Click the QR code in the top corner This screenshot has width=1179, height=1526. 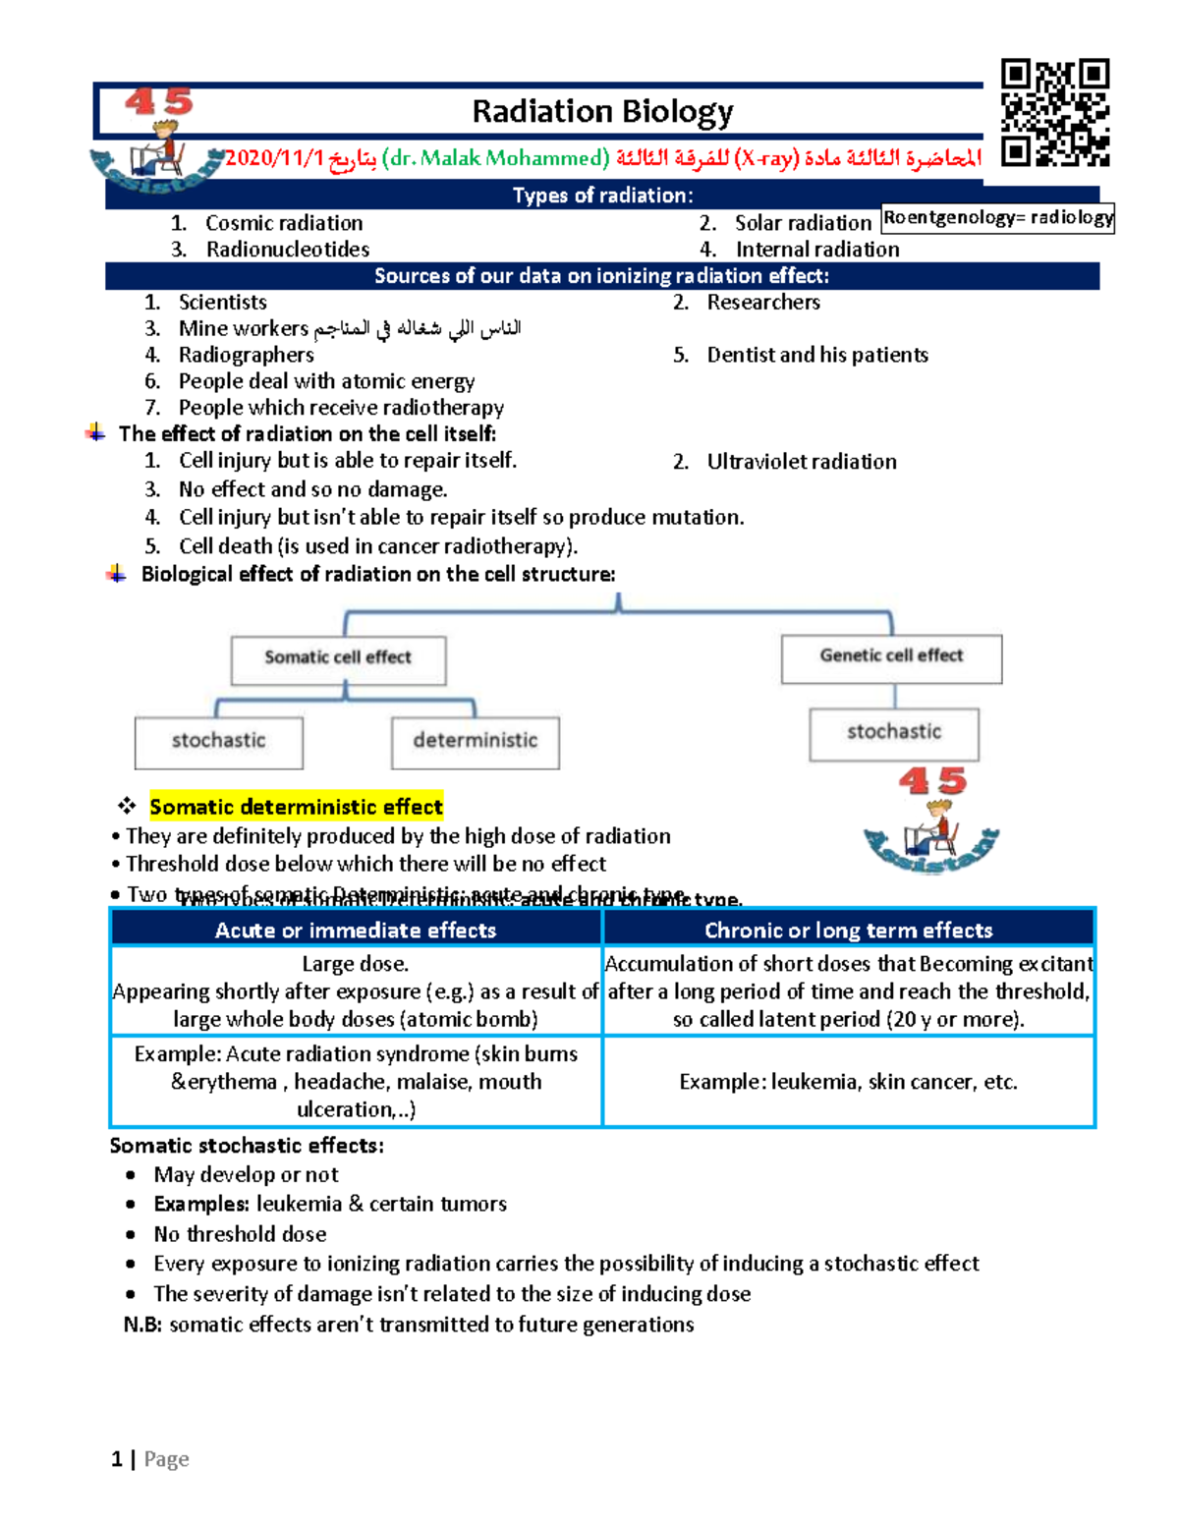(1054, 112)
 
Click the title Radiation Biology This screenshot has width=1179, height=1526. (602, 112)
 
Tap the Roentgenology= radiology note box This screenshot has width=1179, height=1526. (997, 218)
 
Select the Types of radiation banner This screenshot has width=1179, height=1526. (602, 196)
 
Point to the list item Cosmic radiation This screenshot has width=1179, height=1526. (284, 224)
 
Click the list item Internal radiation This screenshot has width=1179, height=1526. (816, 250)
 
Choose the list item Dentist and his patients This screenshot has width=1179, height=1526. (816, 355)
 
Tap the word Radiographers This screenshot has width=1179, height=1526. (246, 355)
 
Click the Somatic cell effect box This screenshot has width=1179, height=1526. (338, 658)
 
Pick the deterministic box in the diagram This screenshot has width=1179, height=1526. (475, 742)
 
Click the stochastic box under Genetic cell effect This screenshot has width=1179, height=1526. (893, 733)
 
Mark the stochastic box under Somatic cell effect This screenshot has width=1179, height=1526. (218, 742)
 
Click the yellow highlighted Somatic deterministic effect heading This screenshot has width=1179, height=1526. (296, 807)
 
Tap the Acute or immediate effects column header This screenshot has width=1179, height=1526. (356, 930)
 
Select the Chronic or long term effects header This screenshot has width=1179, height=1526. (848, 930)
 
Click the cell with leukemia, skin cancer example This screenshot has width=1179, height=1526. (848, 1082)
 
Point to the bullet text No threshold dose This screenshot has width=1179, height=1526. (240, 1234)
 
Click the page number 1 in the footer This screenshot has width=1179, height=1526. (117, 1459)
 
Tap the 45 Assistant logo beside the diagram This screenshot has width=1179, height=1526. (931, 821)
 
